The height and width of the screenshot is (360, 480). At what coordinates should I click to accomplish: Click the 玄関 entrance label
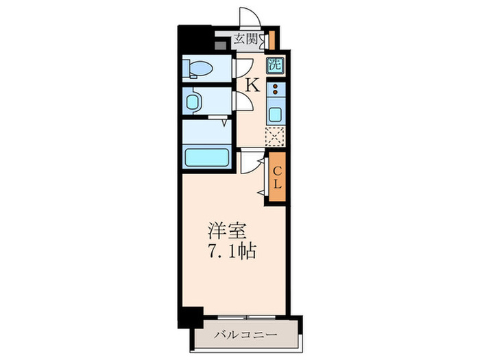tap(245, 39)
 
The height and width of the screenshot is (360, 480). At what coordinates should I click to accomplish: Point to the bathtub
tap(207, 157)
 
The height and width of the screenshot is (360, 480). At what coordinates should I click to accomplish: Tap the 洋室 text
tap(224, 230)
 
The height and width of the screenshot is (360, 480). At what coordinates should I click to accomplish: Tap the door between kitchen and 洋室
tap(251, 163)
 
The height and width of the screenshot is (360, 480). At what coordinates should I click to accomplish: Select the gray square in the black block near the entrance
tap(220, 46)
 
